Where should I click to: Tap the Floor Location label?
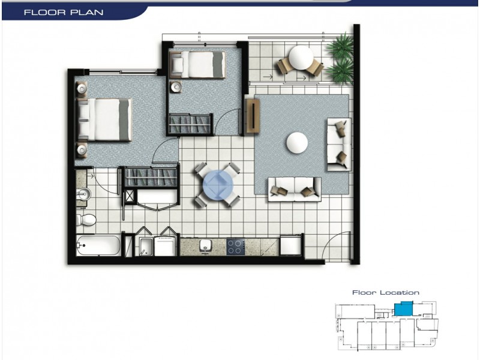click(385, 293)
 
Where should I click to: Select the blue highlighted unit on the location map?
click(404, 310)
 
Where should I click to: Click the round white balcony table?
click(300, 59)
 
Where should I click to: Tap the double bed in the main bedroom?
click(106, 119)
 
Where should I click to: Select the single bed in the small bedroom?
click(198, 65)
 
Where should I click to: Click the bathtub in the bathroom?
click(99, 245)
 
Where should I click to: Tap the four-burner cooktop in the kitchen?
click(236, 246)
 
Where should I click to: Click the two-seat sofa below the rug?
click(294, 188)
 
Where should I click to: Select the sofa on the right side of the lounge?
click(338, 144)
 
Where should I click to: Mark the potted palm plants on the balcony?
click(340, 58)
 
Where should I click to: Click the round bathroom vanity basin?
click(84, 194)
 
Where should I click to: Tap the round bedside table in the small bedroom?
click(176, 87)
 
